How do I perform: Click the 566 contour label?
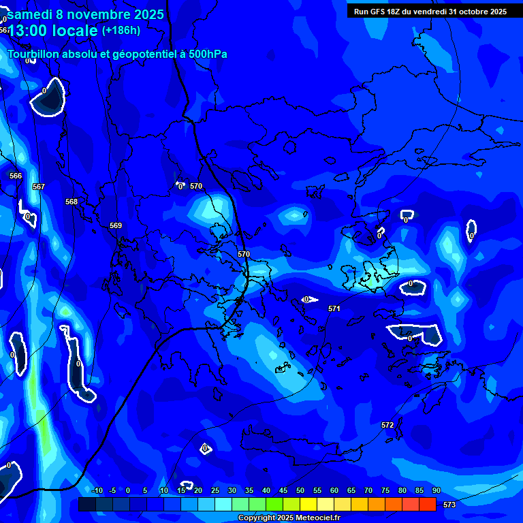pyautogui.click(x=16, y=176)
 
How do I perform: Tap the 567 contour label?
pyautogui.click(x=39, y=187)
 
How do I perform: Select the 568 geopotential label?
pyautogui.click(x=72, y=202)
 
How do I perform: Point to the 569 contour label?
pyautogui.click(x=116, y=225)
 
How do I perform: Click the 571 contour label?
pyautogui.click(x=334, y=308)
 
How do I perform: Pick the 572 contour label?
pyautogui.click(x=387, y=425)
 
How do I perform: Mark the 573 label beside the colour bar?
pyautogui.click(x=449, y=505)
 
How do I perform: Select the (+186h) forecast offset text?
pyautogui.click(x=121, y=30)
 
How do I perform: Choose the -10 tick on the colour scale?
pyautogui.click(x=97, y=490)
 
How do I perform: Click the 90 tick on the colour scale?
pyautogui.click(x=437, y=490)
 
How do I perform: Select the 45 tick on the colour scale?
pyautogui.click(x=283, y=490)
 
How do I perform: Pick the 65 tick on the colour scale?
pyautogui.click(x=351, y=490)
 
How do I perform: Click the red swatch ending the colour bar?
pyautogui.click(x=428, y=504)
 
